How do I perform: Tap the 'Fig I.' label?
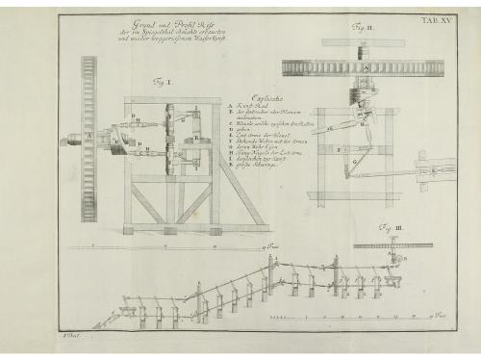[163, 83]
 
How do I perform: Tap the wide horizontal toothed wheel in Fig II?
[363, 67]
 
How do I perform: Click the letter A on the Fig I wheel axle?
[90, 136]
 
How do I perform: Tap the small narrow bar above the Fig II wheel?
[363, 42]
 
